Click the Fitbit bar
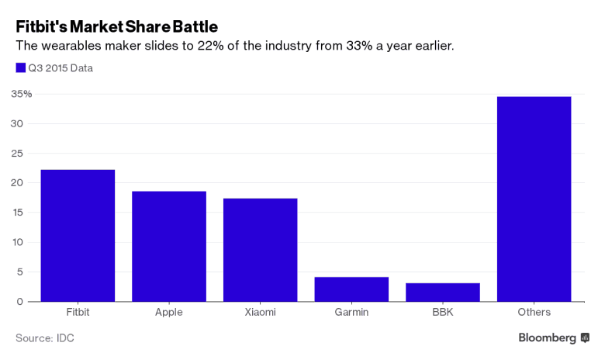pyautogui.click(x=78, y=236)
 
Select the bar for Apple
pyautogui.click(x=169, y=247)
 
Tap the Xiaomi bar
pyautogui.click(x=260, y=250)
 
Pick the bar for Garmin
pyautogui.click(x=351, y=289)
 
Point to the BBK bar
pyautogui.click(x=442, y=292)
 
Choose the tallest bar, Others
pyautogui.click(x=534, y=199)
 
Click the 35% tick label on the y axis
pyautogui.click(x=21, y=95)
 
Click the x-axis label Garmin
pyautogui.click(x=351, y=313)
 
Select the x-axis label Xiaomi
pyautogui.click(x=260, y=313)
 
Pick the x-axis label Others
pyautogui.click(x=534, y=313)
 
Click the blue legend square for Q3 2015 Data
pyautogui.click(x=21, y=67)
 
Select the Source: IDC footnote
pyautogui.click(x=45, y=338)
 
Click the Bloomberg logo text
pyautogui.click(x=548, y=337)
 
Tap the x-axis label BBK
pyautogui.click(x=442, y=313)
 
